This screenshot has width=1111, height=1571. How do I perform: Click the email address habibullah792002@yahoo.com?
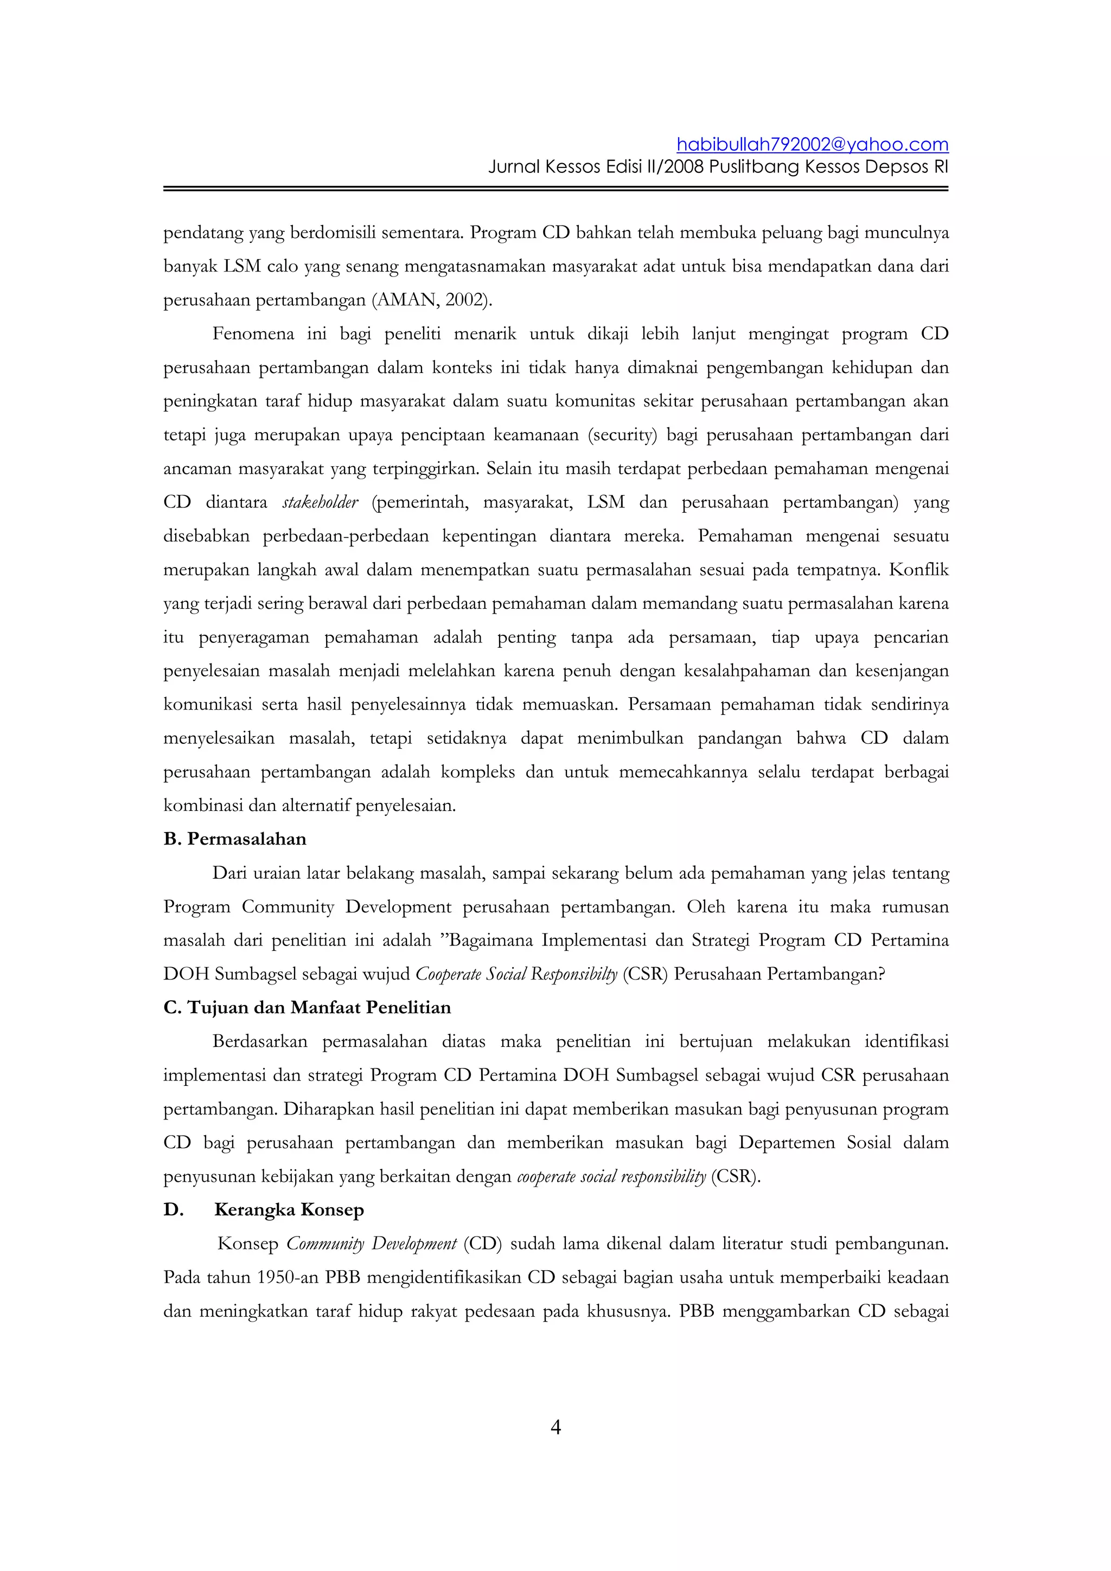point(812,144)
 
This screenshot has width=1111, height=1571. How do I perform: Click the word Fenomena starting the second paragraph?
point(253,334)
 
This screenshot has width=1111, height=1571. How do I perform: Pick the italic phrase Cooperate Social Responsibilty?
point(516,974)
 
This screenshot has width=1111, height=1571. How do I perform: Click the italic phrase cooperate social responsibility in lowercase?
point(611,1176)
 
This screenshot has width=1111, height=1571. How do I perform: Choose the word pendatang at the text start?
point(203,233)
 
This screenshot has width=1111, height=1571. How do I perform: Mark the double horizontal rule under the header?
point(555,188)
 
